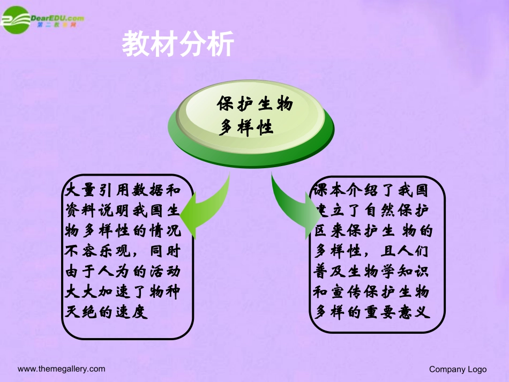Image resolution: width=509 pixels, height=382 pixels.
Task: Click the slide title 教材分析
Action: [x=178, y=44]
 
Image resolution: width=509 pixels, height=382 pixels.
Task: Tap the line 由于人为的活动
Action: [x=122, y=272]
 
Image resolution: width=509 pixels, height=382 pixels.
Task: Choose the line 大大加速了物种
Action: [x=122, y=293]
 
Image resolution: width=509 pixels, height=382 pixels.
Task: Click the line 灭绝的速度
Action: [x=105, y=313]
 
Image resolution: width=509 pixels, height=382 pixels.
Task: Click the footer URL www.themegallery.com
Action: [x=62, y=369]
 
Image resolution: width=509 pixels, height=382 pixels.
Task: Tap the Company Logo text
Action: [x=458, y=369]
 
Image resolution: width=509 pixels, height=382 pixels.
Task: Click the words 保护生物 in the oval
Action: [x=254, y=104]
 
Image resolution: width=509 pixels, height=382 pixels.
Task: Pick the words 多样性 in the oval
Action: [x=246, y=128]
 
